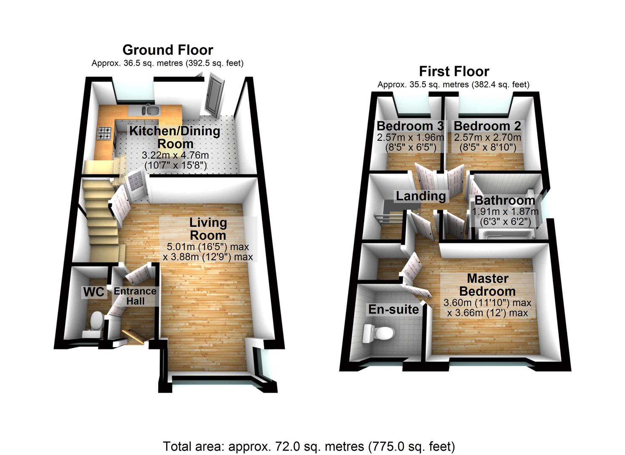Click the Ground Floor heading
click(x=168, y=50)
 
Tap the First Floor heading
click(x=454, y=71)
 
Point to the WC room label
click(x=93, y=292)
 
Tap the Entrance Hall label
click(x=135, y=296)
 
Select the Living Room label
click(x=208, y=229)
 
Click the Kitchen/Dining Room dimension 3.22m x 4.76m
click(x=175, y=155)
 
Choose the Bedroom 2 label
click(x=487, y=126)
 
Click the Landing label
click(x=420, y=196)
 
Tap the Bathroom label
click(x=505, y=200)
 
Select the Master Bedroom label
click(x=487, y=285)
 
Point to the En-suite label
click(x=394, y=309)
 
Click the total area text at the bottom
click(x=309, y=446)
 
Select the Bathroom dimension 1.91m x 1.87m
click(x=505, y=211)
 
